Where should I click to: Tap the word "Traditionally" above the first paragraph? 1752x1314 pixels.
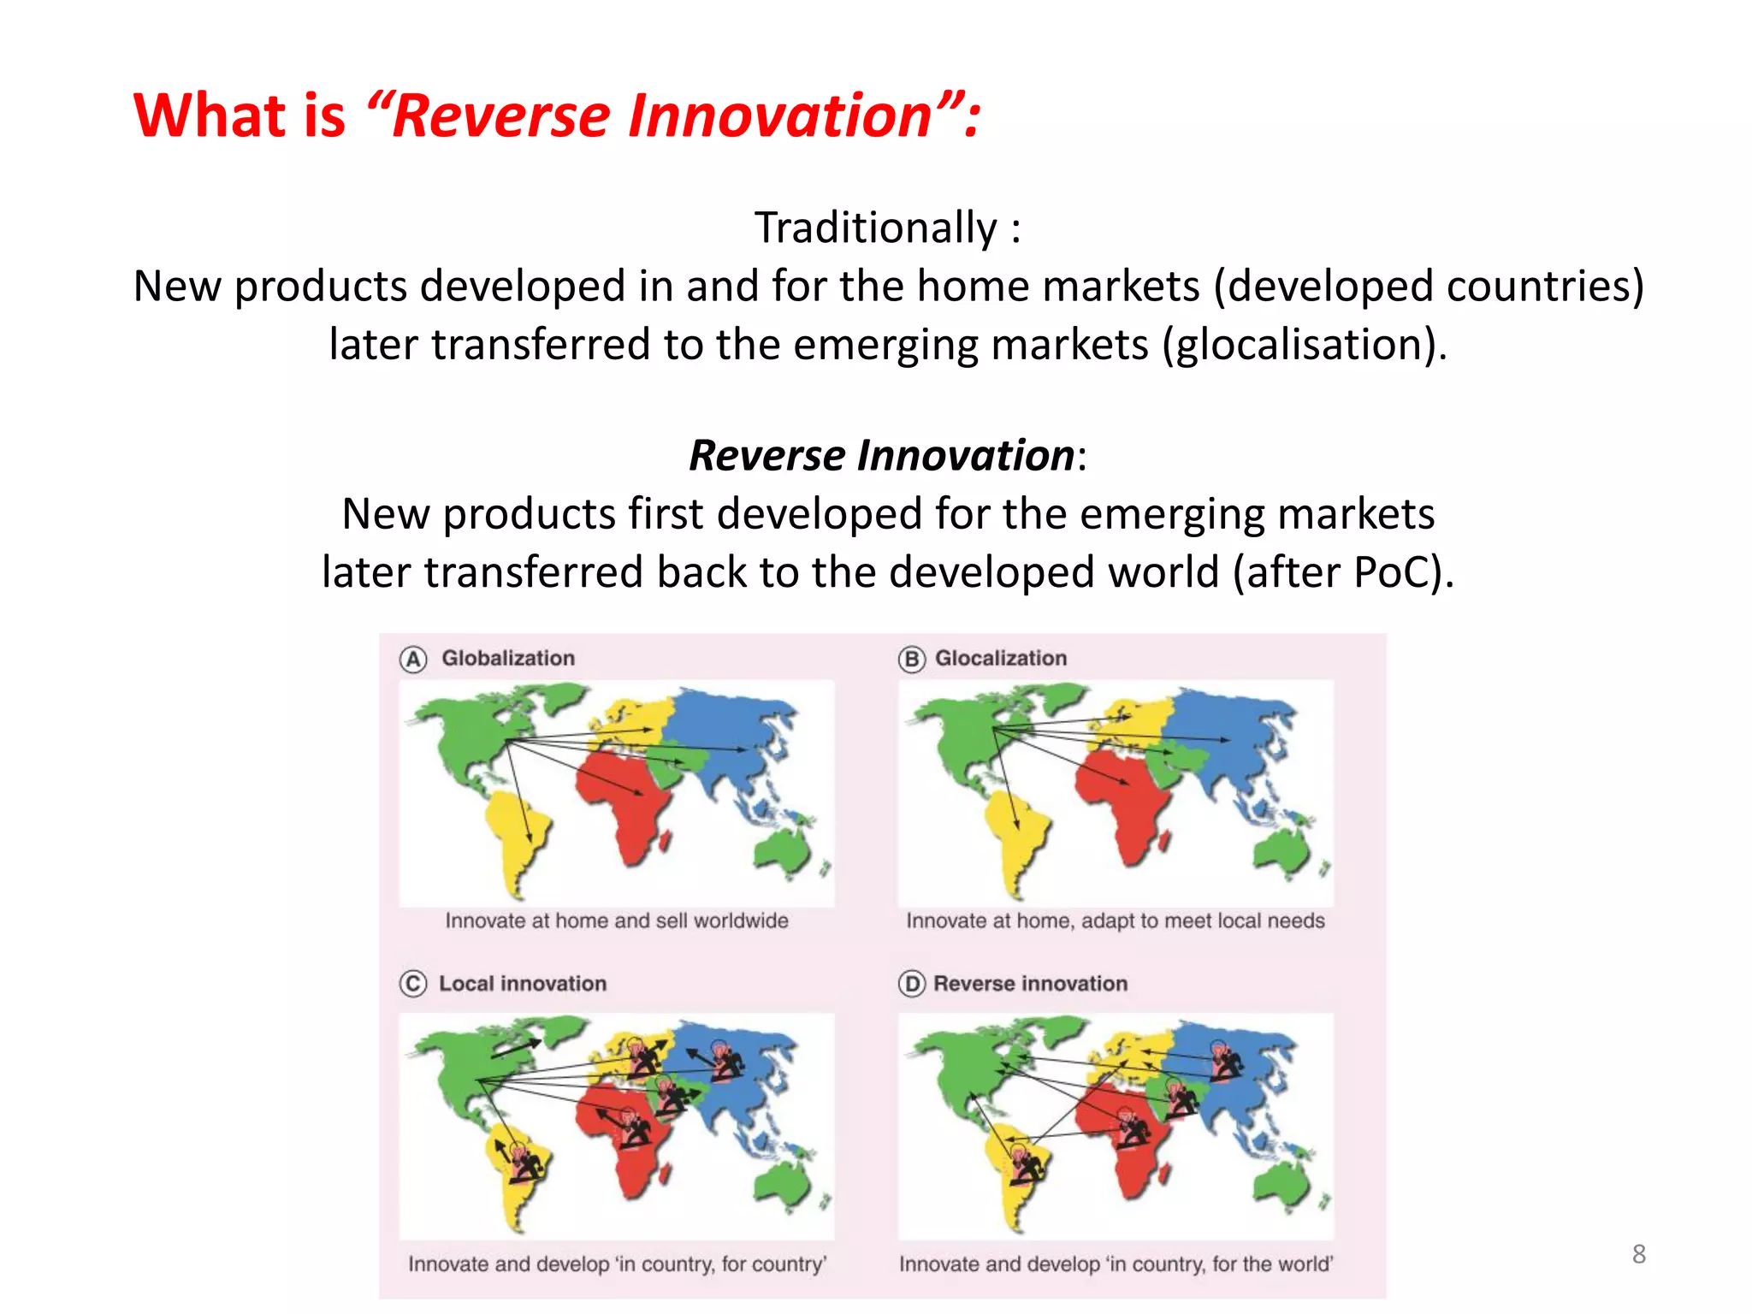tap(875, 228)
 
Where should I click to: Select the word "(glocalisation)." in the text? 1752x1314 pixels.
tap(1304, 345)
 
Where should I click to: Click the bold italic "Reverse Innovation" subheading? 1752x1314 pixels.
tap(881, 455)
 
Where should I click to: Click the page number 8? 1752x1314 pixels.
tap(1638, 1254)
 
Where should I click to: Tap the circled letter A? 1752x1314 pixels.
tap(413, 660)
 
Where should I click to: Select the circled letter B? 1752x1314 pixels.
tap(911, 660)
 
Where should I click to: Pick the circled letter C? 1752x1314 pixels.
tap(412, 984)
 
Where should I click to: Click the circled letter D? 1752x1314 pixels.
tap(912, 984)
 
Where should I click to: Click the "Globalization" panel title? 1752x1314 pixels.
tap(508, 659)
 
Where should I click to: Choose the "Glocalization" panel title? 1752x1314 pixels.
tap(1001, 659)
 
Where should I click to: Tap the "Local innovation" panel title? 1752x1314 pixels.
tap(523, 984)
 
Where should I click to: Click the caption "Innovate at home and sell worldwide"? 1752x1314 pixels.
tap(616, 921)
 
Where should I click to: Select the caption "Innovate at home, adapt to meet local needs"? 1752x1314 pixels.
tap(1115, 921)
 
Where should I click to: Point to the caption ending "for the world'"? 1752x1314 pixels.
tap(1116, 1264)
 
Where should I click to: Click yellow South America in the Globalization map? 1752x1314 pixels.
tap(516, 834)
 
